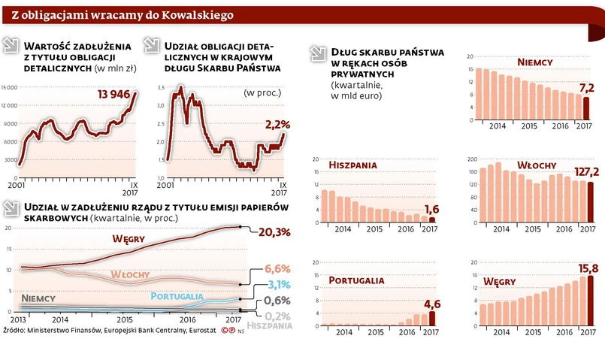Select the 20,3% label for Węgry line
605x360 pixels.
pyautogui.click(x=274, y=232)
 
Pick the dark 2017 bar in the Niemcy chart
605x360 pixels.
pyautogui.click(x=586, y=107)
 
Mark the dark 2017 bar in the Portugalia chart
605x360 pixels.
pyautogui.click(x=431, y=317)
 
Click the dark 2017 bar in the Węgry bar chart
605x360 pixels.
pyautogui.click(x=589, y=300)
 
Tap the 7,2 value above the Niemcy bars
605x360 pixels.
pyautogui.click(x=585, y=87)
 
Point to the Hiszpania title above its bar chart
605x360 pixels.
pyautogui.click(x=352, y=165)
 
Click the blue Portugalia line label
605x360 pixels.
pyautogui.click(x=177, y=296)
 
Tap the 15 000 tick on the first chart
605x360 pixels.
pyautogui.click(x=9, y=87)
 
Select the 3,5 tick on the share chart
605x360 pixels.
pyautogui.click(x=159, y=87)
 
